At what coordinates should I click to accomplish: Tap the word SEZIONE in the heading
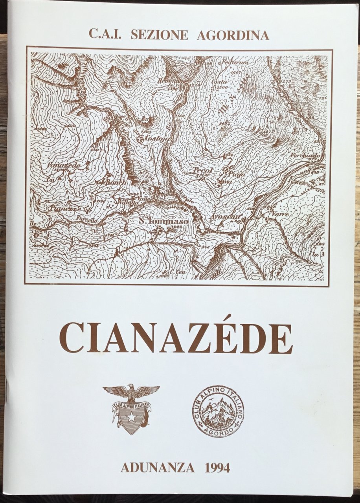tap(159, 35)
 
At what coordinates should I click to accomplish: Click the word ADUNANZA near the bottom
tap(158, 468)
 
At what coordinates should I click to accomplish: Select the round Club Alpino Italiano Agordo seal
tap(218, 411)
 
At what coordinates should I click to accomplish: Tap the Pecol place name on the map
tap(203, 171)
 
